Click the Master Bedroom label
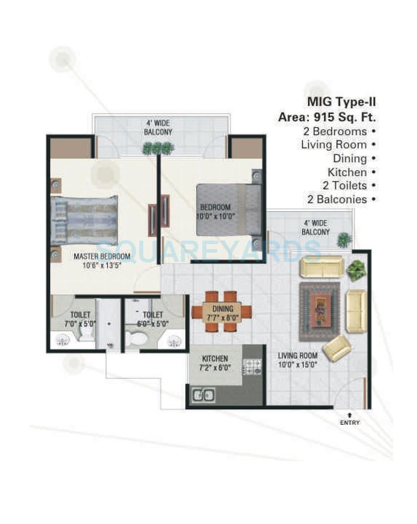click(x=102, y=257)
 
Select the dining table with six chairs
click(x=222, y=311)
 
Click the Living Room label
click(x=298, y=356)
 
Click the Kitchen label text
click(x=215, y=358)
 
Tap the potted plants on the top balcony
click(x=158, y=148)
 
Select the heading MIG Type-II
click(x=341, y=102)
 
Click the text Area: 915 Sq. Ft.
click(x=327, y=118)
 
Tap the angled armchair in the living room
click(x=337, y=347)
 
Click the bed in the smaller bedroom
click(x=229, y=209)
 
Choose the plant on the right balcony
click(x=344, y=240)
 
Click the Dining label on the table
click(x=223, y=308)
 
